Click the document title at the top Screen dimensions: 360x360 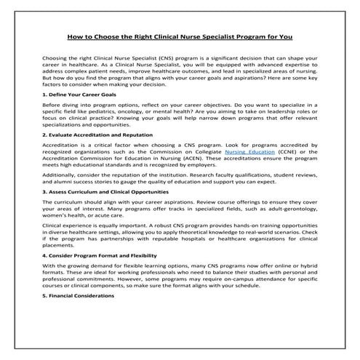tap(180, 34)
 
